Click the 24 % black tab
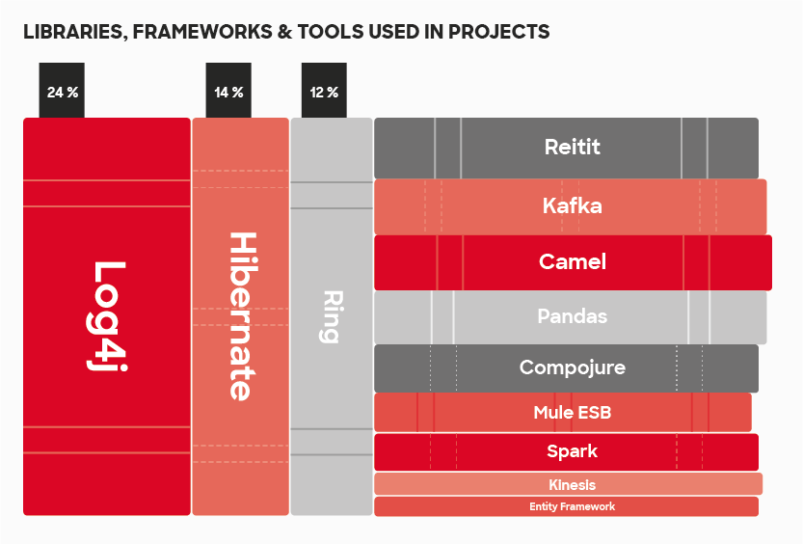pos(62,91)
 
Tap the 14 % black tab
pos(228,91)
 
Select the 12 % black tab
pos(324,91)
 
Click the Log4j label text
pos(106,316)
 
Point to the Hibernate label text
pos(241,316)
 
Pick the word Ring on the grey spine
pos(332,316)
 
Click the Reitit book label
pos(572,147)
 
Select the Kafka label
pos(572,205)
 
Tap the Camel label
pos(572,261)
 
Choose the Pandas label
pos(572,316)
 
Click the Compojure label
pos(572,367)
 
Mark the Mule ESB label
pos(572,413)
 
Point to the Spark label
pos(572,451)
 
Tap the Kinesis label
pos(572,484)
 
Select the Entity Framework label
pos(572,506)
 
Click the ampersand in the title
pos(284,32)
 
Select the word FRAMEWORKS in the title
pos(202,32)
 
